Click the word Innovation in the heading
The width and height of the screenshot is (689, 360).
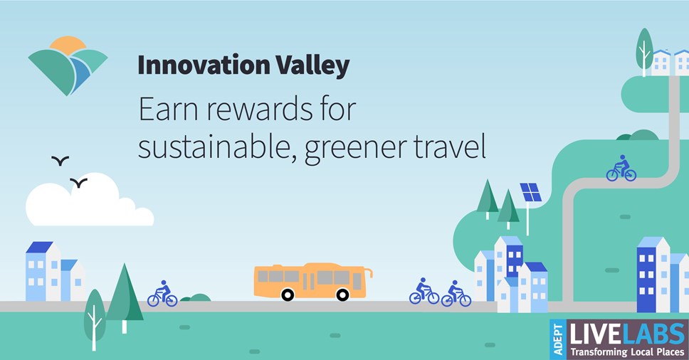point(204,65)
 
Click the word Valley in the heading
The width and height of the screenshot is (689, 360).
point(313,66)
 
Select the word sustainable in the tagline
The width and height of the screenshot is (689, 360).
point(214,147)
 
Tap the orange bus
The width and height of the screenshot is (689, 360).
point(313,282)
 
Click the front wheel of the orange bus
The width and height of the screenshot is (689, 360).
point(342,295)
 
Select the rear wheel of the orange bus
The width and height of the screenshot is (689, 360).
point(288,295)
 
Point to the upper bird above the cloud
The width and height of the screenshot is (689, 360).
point(61,161)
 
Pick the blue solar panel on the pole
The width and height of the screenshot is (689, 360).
point(531,192)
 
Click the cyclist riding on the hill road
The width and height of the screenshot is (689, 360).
point(621,169)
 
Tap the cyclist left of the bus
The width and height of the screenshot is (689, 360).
point(162,294)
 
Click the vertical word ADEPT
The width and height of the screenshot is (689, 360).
point(558,339)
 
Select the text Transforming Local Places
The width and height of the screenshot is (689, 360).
point(627,352)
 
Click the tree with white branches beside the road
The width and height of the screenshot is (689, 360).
point(95,319)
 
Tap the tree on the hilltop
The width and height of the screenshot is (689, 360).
point(645,51)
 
